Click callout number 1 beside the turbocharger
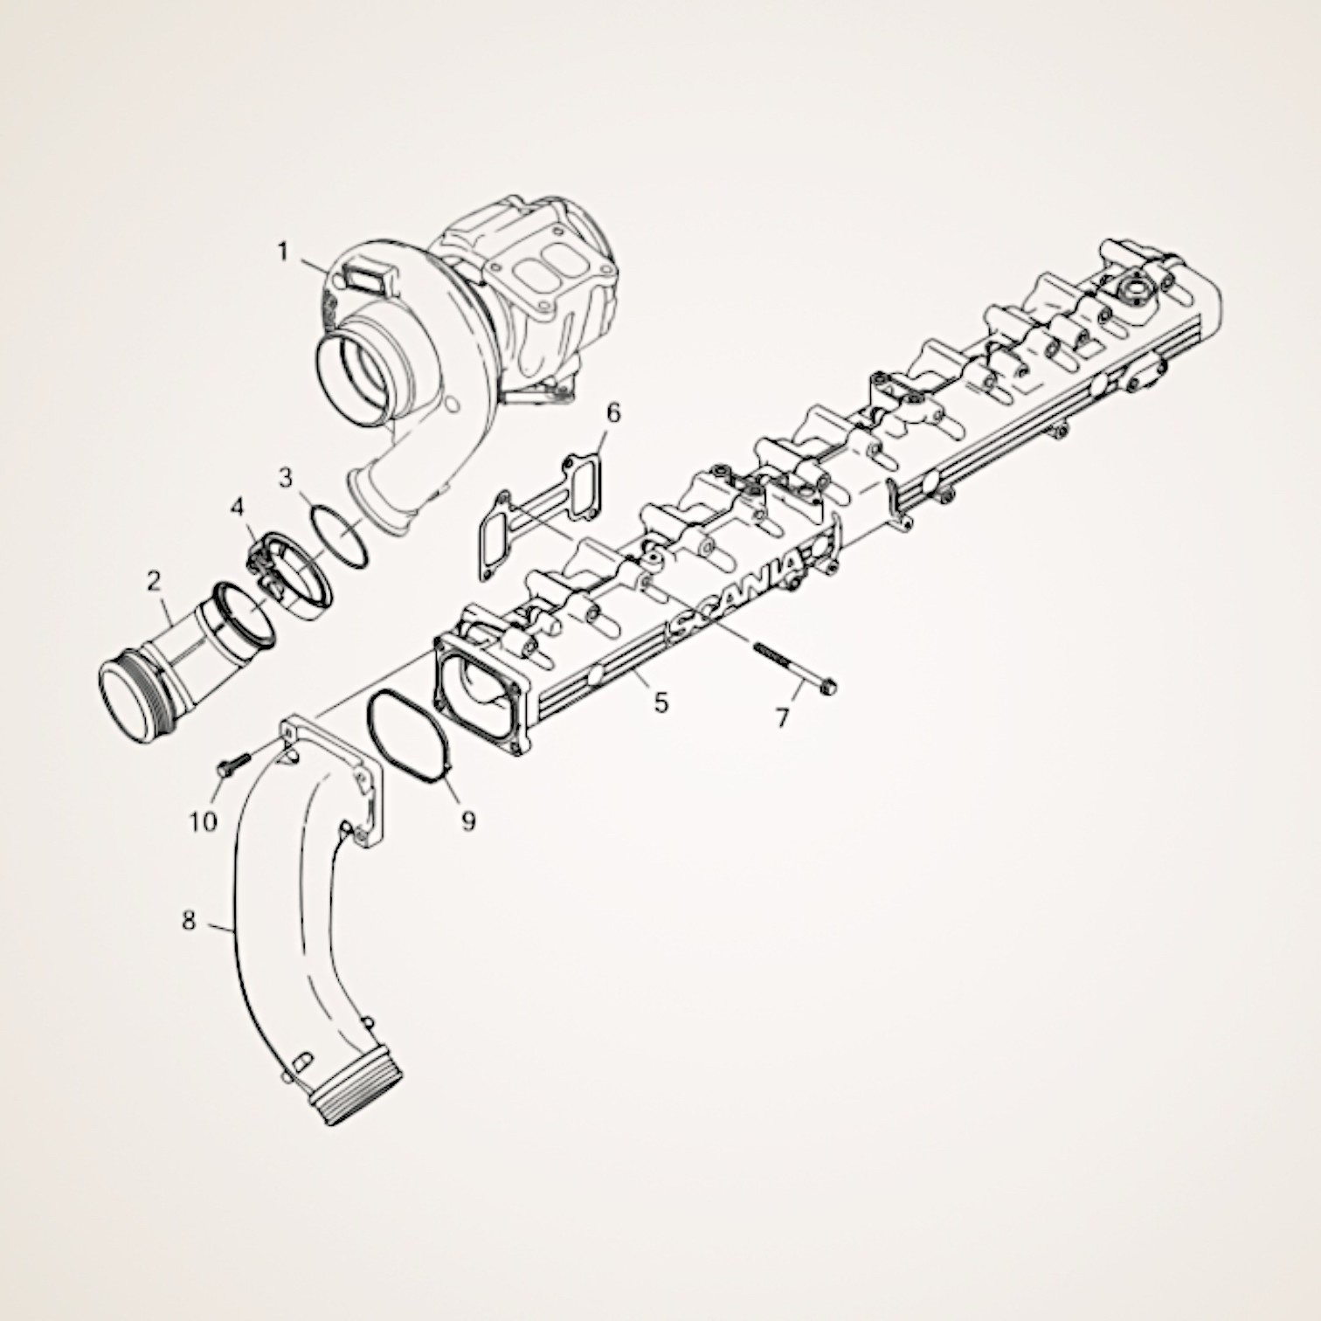[283, 252]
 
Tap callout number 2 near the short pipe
[154, 580]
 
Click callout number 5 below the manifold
[661, 702]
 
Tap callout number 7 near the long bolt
[782, 718]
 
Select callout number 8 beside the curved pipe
[190, 921]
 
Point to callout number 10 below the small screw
[204, 822]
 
